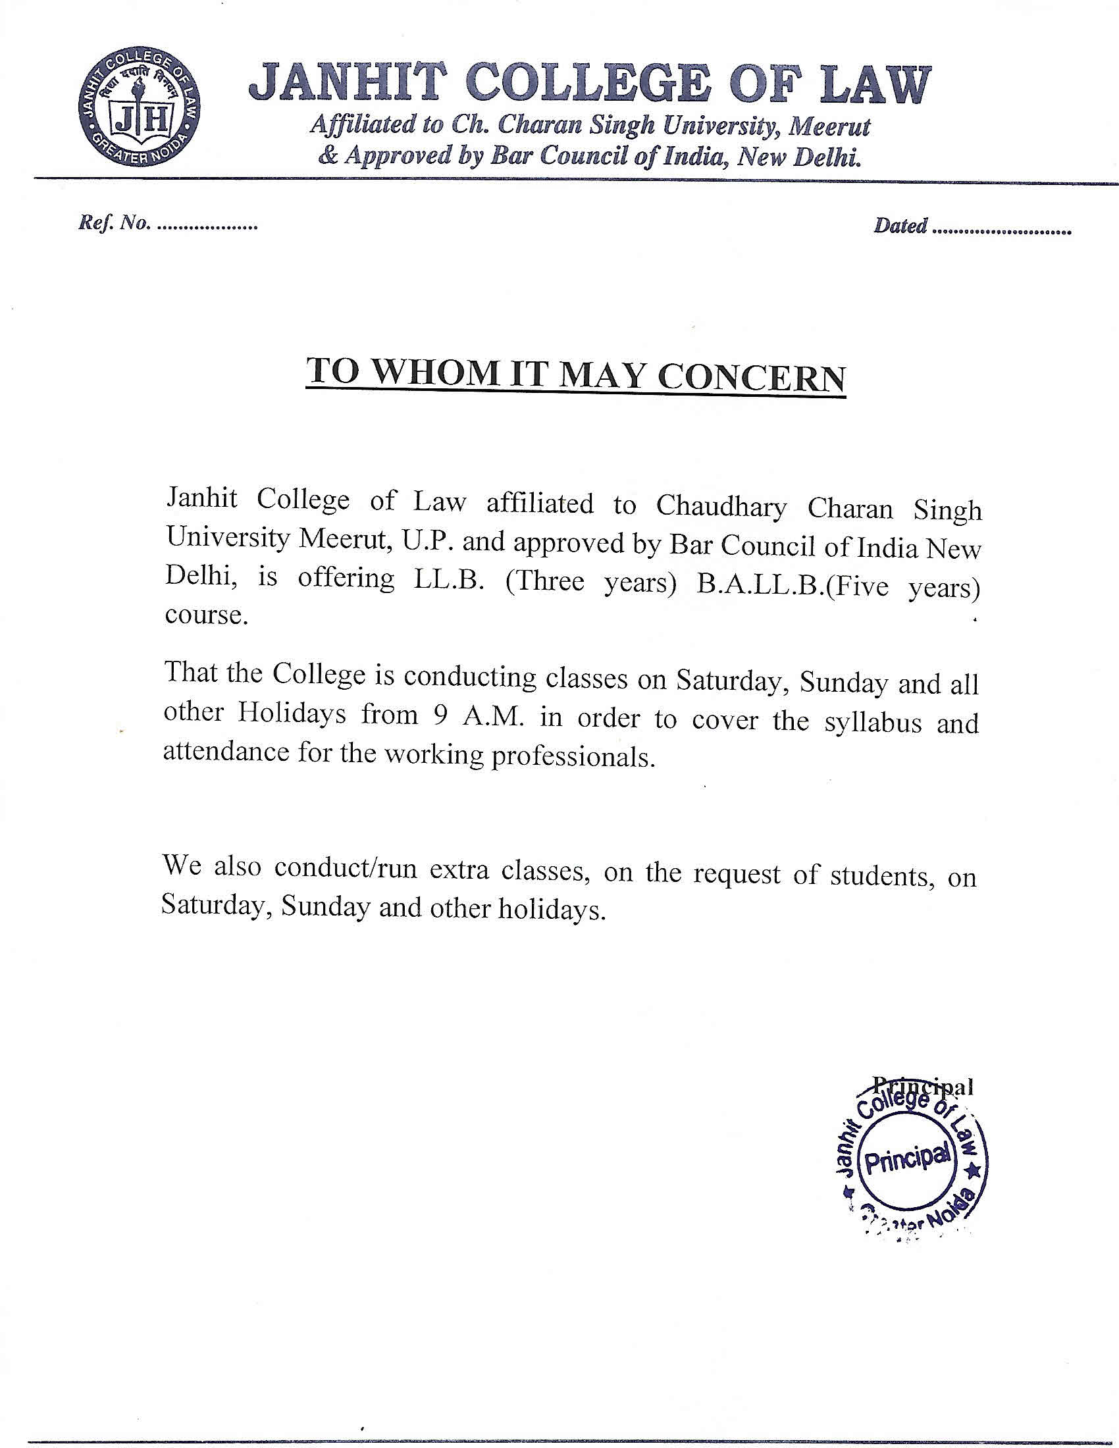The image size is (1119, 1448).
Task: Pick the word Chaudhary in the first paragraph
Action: click(x=721, y=507)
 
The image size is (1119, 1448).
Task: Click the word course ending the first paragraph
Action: click(x=204, y=615)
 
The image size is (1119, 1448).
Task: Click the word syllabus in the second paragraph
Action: click(x=873, y=721)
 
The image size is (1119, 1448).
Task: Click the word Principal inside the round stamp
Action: click(x=906, y=1161)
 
